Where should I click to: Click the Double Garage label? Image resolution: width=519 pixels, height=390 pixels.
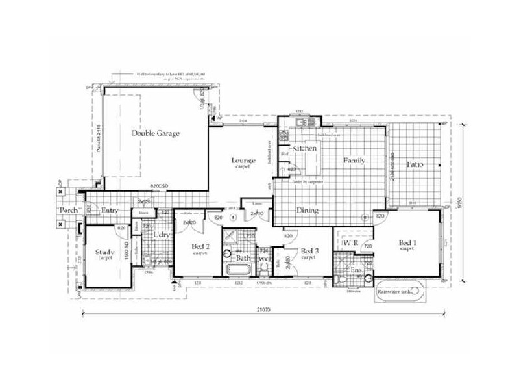(156, 133)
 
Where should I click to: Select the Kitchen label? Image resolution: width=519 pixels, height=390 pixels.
(304, 149)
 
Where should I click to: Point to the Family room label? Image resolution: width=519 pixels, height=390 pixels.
(354, 161)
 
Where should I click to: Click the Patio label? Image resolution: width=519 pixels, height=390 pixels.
(415, 165)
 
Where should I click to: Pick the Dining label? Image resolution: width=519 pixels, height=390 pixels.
(307, 210)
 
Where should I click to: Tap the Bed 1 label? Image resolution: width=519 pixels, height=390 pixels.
(407, 244)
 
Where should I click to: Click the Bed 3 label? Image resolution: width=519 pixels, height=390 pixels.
(308, 253)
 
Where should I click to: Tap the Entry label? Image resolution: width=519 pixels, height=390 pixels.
(110, 210)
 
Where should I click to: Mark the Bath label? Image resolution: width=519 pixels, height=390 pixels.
(243, 258)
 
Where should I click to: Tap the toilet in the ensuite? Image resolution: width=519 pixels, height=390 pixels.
(342, 279)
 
